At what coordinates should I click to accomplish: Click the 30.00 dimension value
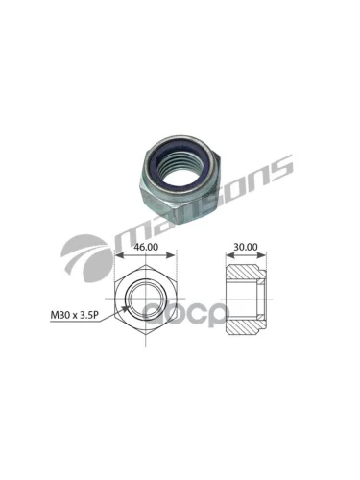pos(244,247)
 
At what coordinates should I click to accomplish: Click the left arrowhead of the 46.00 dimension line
pos(117,256)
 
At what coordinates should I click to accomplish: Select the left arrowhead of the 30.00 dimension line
pos(228,256)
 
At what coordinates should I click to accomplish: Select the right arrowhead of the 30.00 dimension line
pos(261,256)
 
